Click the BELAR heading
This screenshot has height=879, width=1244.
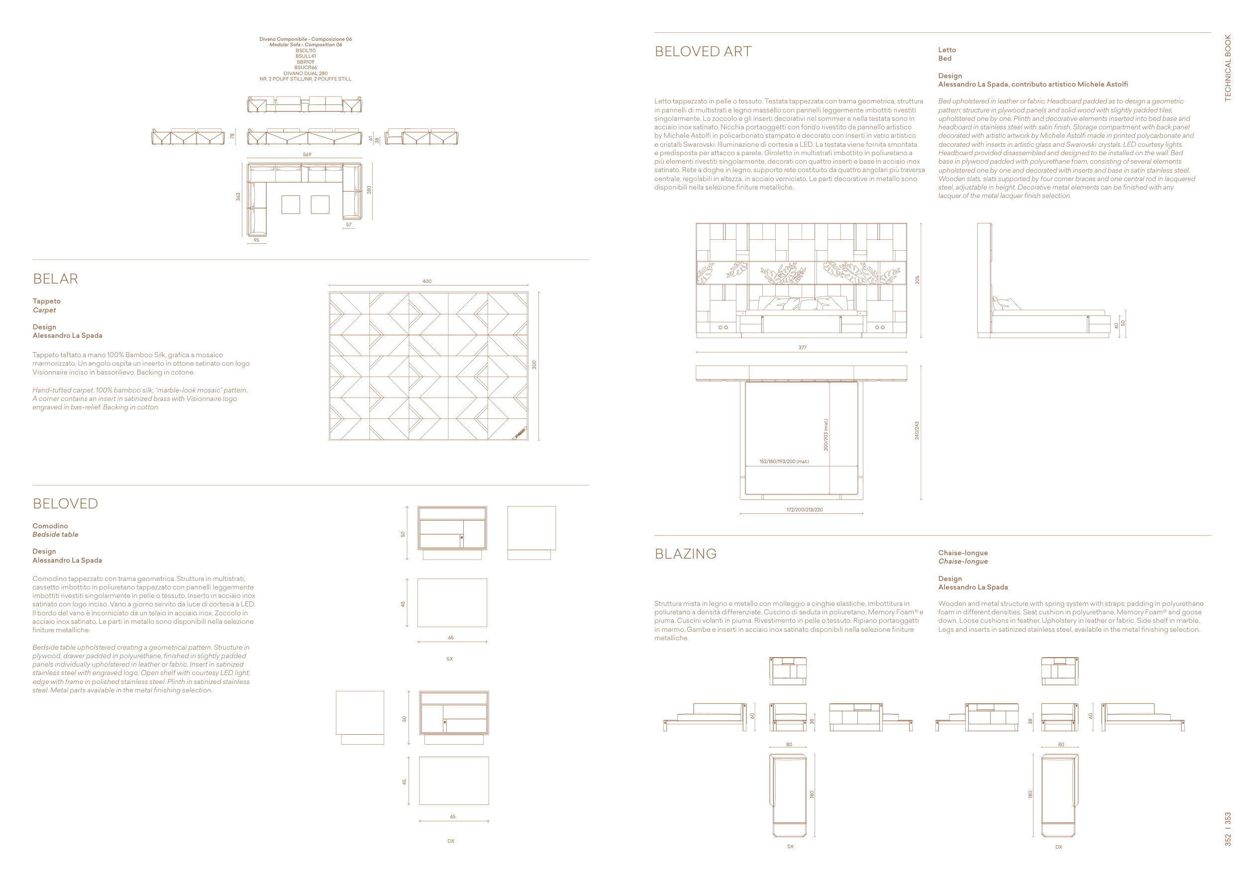55,279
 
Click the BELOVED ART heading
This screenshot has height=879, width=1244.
703,51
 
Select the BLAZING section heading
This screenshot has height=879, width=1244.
685,554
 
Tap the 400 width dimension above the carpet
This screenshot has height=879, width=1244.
427,281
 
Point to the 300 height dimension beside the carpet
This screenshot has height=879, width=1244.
534,365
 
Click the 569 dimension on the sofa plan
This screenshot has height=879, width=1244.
307,154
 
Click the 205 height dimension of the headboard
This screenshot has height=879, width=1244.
917,280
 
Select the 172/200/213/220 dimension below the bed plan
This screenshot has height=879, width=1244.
805,509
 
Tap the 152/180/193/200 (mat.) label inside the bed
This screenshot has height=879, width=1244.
784,462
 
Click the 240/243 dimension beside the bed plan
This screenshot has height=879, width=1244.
917,431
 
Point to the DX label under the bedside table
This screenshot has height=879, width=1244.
451,841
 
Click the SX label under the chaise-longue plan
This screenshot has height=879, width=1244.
790,847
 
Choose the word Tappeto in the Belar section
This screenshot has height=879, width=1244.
47,301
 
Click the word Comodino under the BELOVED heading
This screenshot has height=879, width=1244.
50,526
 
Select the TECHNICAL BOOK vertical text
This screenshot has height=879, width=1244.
1228,68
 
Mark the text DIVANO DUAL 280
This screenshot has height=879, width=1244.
306,73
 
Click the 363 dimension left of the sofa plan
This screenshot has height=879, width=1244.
238,196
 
